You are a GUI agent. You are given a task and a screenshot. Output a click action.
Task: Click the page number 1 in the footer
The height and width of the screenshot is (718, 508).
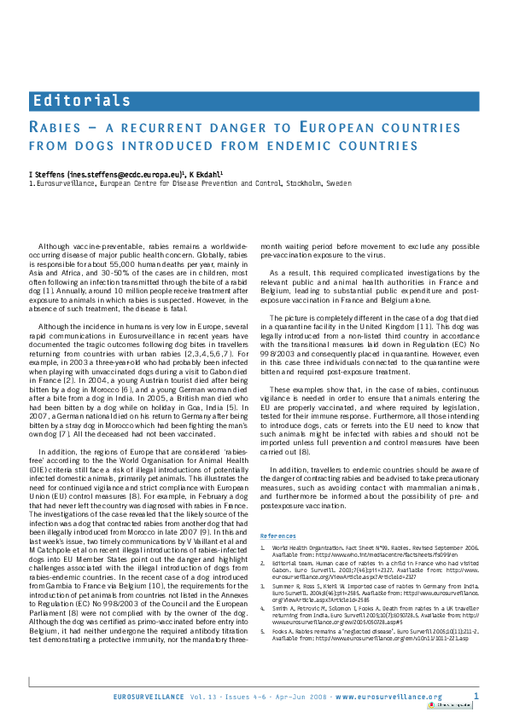[x=476, y=697]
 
